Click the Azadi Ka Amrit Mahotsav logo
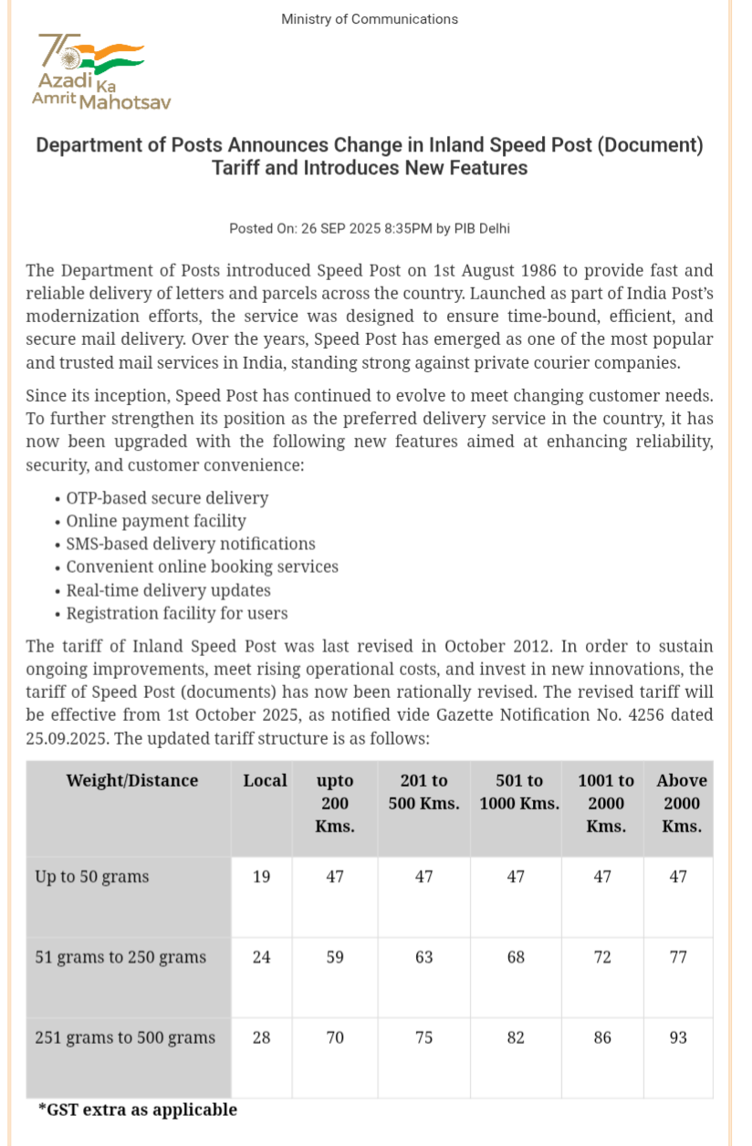100,73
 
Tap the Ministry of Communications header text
370,19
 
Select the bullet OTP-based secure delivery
167,498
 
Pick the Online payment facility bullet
156,521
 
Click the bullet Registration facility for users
177,613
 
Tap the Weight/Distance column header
131,781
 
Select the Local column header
265,781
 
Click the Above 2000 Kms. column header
681,803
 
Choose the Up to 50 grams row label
91,877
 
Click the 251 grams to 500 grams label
125,1037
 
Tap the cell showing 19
261,877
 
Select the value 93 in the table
678,1037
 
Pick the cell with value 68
516,957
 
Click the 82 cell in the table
516,1037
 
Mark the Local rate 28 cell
261,1037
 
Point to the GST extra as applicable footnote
138,1110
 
